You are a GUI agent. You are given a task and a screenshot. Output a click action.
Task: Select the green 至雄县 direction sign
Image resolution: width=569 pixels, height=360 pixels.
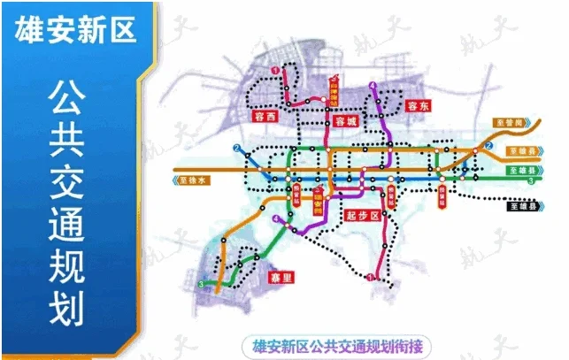[522, 169]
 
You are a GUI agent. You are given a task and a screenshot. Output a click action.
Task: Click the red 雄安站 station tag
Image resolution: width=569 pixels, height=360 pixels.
[317, 202]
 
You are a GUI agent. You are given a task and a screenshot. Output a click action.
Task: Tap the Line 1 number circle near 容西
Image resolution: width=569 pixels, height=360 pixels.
[275, 70]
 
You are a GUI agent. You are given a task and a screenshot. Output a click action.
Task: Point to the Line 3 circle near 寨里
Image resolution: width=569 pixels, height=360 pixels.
[203, 285]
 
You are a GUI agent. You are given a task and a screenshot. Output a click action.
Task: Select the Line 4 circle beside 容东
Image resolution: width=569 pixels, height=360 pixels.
[374, 87]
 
